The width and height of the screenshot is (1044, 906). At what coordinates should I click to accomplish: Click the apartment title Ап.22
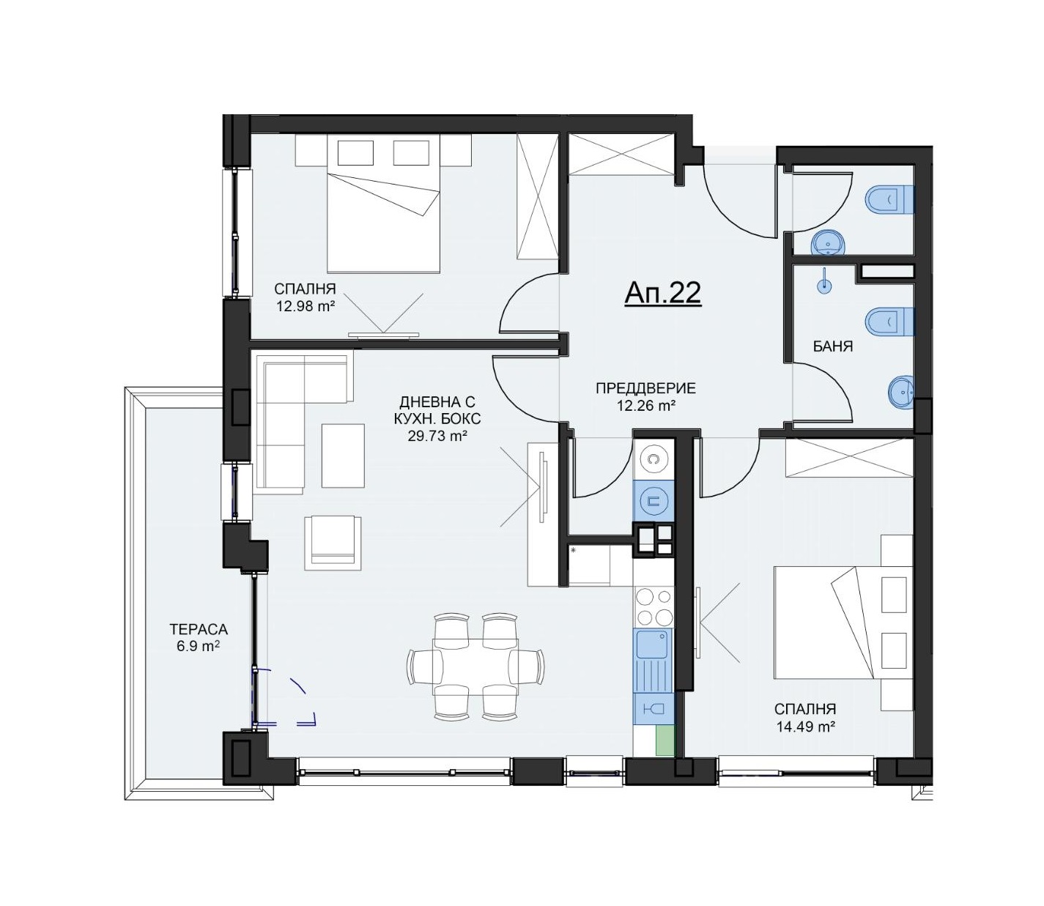coord(663,293)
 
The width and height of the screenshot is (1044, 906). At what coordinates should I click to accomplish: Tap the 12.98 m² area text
coord(305,306)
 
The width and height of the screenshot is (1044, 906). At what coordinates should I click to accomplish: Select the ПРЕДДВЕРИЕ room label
coord(645,389)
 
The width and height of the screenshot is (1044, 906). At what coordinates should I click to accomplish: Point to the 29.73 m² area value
coord(438,436)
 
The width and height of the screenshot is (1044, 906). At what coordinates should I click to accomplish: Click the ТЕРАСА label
coord(199,629)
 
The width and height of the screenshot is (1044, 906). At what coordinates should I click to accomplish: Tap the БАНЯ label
coord(833,347)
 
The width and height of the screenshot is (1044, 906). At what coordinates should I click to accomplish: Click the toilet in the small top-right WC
coord(890,199)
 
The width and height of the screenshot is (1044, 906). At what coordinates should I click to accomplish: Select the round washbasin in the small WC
coord(828,243)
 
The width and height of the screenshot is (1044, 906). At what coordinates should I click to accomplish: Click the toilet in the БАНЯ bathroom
coord(890,322)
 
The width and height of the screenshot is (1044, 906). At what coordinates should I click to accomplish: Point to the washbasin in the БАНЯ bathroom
coord(901,393)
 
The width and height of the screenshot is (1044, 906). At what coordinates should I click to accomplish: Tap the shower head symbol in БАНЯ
coord(823,283)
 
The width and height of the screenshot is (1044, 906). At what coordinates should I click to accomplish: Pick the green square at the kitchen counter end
coord(664,741)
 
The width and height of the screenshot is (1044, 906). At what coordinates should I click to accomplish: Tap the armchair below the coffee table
coord(333,543)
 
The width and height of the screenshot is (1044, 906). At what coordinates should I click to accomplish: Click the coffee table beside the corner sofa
coord(343,455)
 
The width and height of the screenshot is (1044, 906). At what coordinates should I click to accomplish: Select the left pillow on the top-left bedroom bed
coord(355,153)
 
